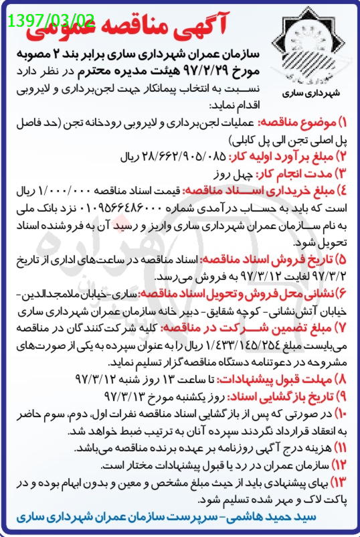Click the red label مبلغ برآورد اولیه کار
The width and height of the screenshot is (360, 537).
[285, 157]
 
